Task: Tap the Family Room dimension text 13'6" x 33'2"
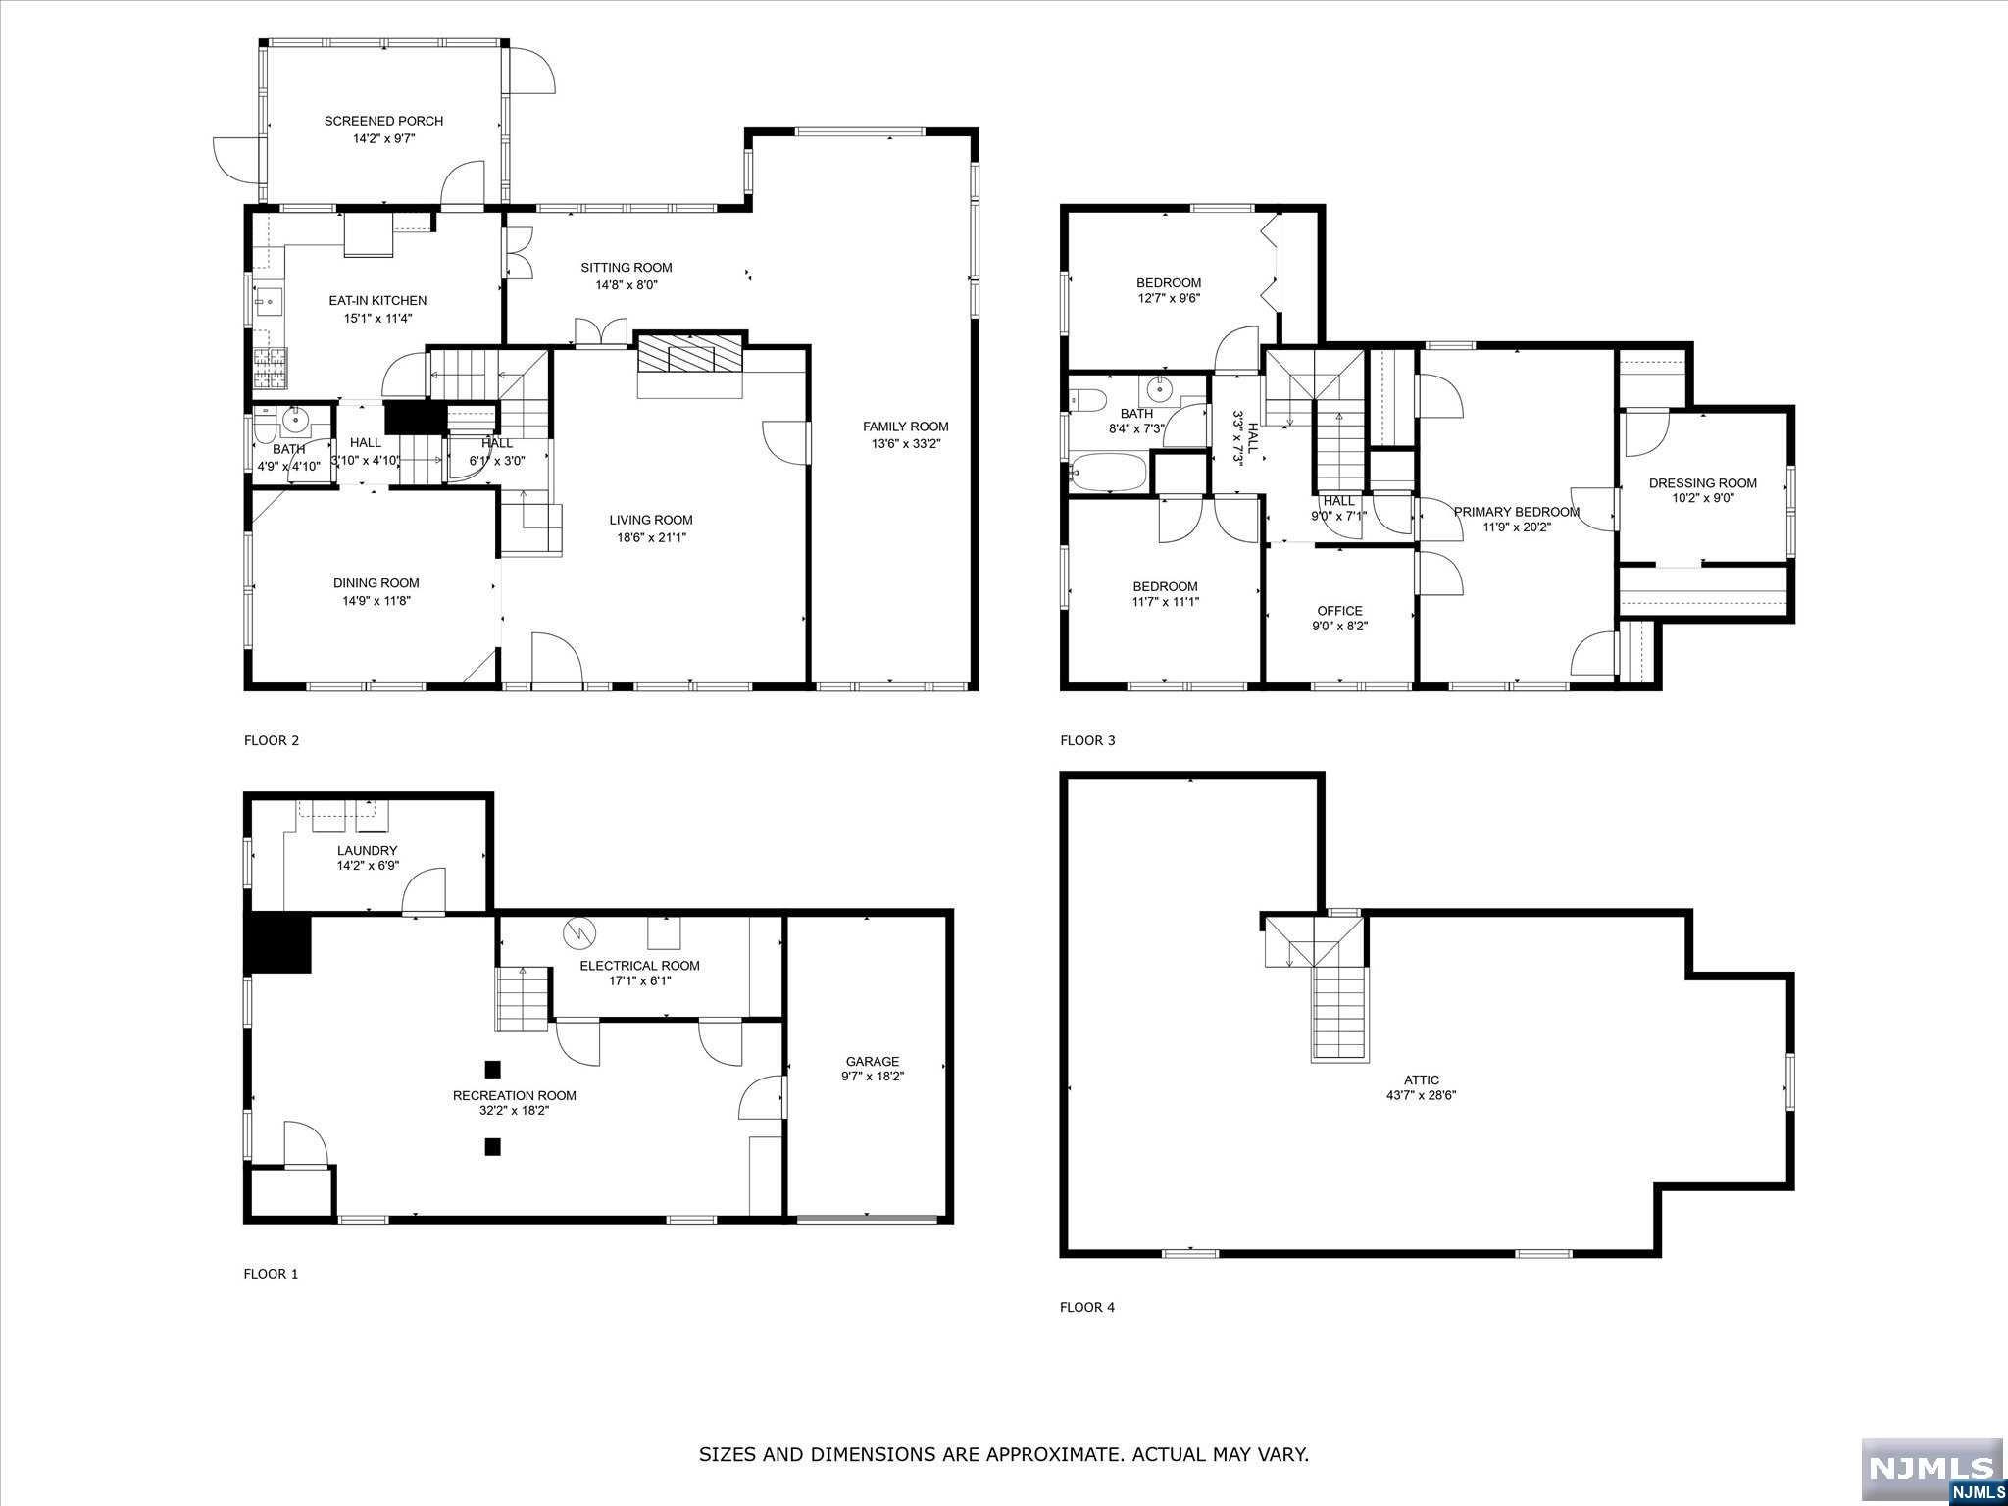[x=905, y=444]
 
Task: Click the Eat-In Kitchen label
[x=377, y=300]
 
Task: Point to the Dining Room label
[x=376, y=583]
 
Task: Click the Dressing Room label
[x=1702, y=482]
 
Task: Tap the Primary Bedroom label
[x=1516, y=512]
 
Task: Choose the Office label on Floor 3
[x=1339, y=611]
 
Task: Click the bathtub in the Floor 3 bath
[x=1109, y=472]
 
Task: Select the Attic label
[x=1421, y=1079]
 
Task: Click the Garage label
[x=872, y=1061]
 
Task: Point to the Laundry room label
[x=367, y=850]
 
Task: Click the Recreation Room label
[x=514, y=1095]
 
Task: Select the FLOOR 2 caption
[x=271, y=740]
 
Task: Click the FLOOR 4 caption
[x=1087, y=1307]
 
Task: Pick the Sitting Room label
[x=626, y=267]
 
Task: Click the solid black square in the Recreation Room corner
[x=279, y=943]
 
